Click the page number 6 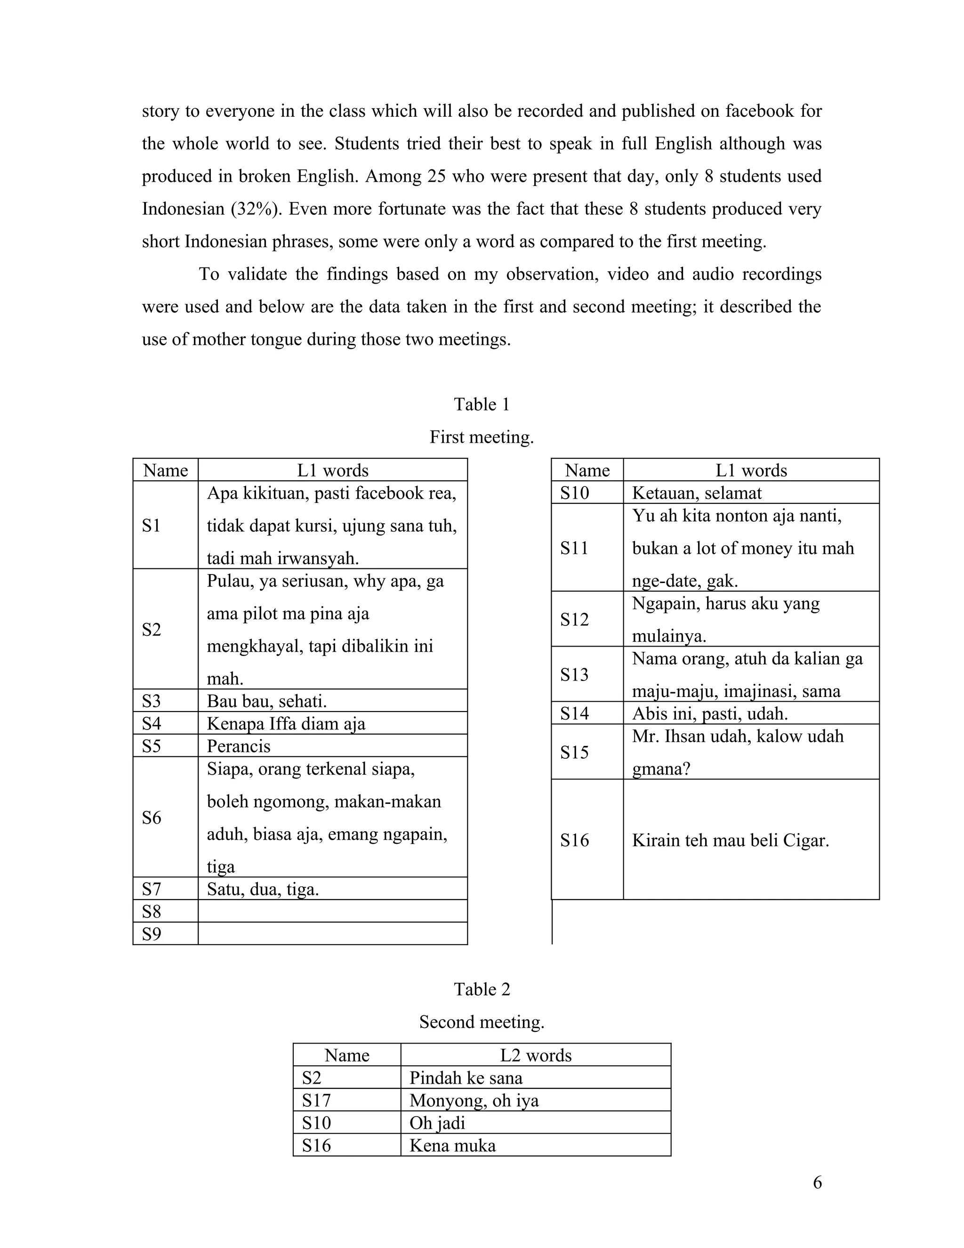click(817, 1182)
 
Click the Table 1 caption click(482, 405)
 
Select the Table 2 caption click(482, 989)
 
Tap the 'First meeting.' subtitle click(482, 437)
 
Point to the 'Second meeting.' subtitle click(482, 1022)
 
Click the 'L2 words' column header click(536, 1055)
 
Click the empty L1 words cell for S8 click(332, 911)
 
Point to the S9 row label click(152, 934)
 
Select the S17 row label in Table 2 click(316, 1100)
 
